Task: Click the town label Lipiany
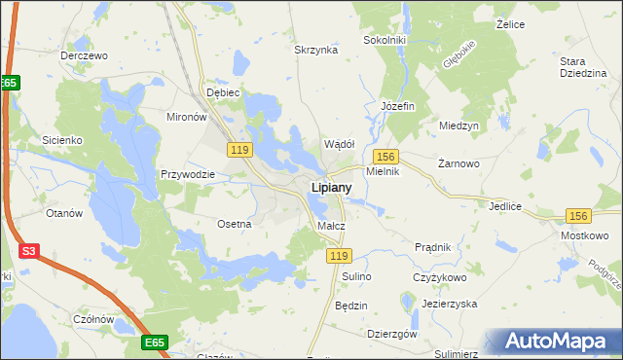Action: [x=331, y=186]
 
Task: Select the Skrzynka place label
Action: [x=315, y=50]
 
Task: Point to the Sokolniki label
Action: [x=383, y=40]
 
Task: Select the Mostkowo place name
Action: [x=584, y=235]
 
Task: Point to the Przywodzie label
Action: [x=187, y=175]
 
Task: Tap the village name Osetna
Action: [x=235, y=223]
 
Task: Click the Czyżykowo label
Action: [x=435, y=277]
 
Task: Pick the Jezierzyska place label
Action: [x=449, y=304]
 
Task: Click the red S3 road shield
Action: [x=29, y=251]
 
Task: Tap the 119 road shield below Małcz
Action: [x=338, y=255]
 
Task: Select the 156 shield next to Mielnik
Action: [x=386, y=157]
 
